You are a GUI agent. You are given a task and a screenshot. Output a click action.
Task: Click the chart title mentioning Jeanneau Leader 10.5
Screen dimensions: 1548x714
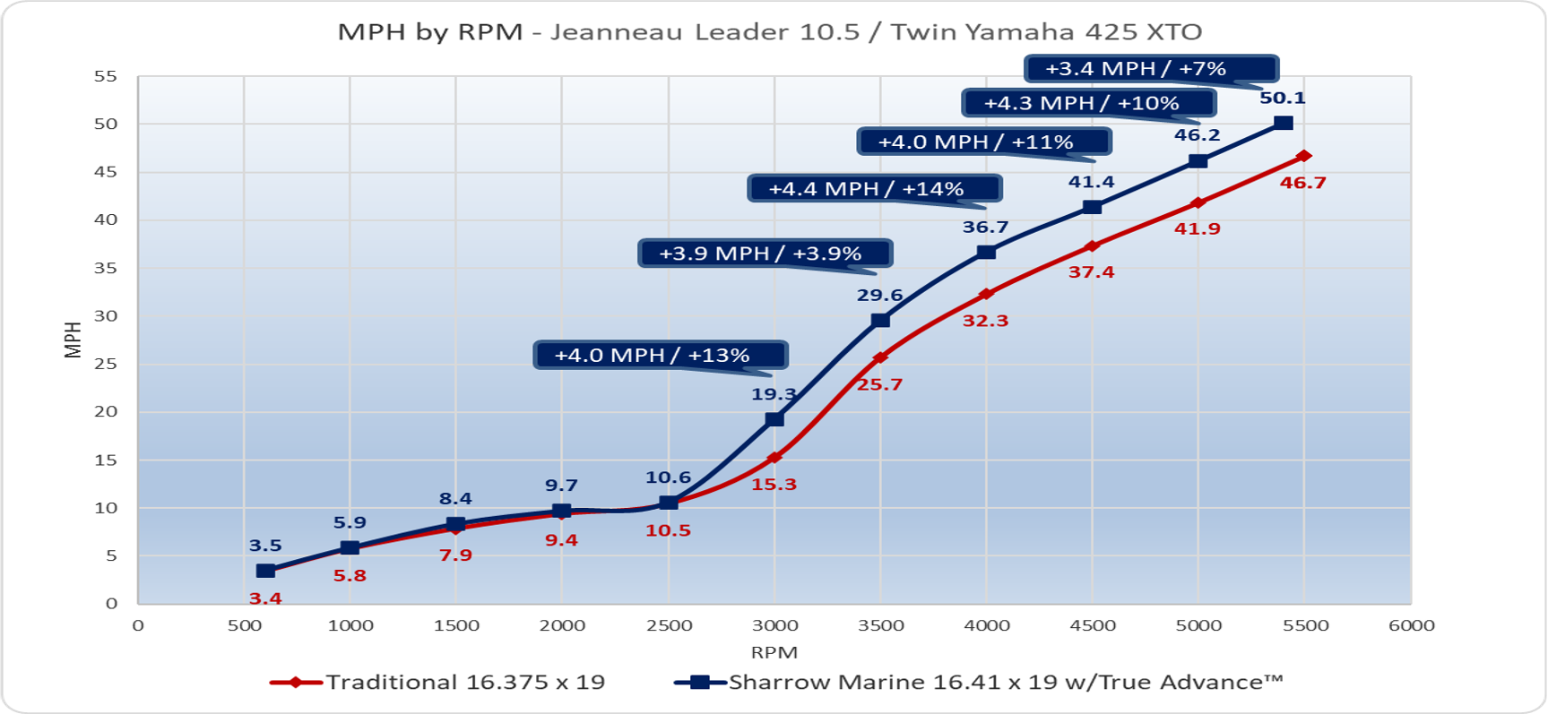pos(770,32)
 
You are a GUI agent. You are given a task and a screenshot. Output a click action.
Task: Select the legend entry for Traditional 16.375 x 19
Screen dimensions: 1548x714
pos(437,683)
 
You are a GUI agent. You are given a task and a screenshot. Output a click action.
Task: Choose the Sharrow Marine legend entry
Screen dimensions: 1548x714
pos(979,683)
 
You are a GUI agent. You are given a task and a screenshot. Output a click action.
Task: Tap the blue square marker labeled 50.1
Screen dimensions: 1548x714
pos(1284,123)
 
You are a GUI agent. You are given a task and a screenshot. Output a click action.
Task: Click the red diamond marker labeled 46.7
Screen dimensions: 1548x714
pos(1303,156)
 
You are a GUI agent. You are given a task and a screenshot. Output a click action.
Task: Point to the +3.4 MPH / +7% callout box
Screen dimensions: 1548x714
pos(1151,69)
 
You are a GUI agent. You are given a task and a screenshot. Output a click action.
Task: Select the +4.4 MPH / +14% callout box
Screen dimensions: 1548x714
pos(875,189)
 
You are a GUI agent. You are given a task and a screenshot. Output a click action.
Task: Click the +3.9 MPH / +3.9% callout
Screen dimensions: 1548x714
pos(765,254)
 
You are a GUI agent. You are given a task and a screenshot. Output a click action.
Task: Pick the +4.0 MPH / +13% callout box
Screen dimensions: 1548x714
pos(661,355)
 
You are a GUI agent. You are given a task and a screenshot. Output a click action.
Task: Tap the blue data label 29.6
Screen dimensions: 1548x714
pos(879,295)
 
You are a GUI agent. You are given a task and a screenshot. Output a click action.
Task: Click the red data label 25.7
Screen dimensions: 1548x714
pos(879,384)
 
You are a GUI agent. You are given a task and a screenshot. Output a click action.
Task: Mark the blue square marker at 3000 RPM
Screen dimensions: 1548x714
pos(774,419)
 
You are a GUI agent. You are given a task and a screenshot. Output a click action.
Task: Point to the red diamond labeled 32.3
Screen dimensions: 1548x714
pos(986,294)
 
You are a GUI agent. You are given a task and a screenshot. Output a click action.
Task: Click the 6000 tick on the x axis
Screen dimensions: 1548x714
pos(1412,625)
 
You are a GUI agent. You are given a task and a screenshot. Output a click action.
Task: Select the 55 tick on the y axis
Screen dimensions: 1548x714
pos(106,76)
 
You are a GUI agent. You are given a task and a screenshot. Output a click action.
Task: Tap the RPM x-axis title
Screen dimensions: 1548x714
pos(774,652)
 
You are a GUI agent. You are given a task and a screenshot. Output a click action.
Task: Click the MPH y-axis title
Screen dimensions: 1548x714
pos(73,340)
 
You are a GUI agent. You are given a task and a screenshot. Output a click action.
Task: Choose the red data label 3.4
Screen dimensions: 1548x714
pos(265,598)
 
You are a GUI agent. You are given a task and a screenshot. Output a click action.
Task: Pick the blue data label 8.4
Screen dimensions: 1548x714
pos(455,499)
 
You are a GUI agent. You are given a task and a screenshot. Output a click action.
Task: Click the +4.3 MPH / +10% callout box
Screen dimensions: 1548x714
pos(1089,103)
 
